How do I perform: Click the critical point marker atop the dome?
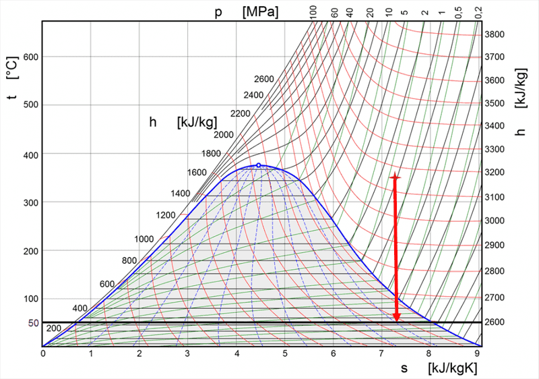tap(259, 165)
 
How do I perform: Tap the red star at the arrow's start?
tap(395, 177)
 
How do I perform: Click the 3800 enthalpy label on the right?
tap(496, 34)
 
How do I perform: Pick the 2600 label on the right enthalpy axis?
tap(496, 322)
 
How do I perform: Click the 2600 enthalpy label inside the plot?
tap(264, 79)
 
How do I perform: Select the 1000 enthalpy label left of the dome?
tap(144, 239)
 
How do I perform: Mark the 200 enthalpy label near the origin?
tap(54, 328)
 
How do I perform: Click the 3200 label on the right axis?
tap(496, 173)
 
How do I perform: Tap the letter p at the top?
tap(218, 12)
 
